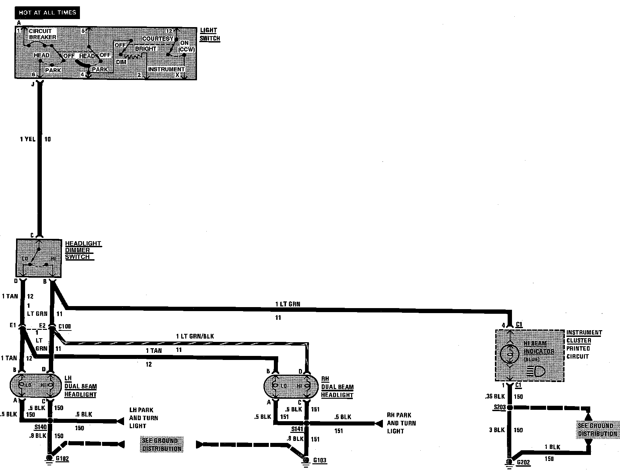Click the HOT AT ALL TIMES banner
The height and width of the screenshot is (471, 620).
tap(47, 13)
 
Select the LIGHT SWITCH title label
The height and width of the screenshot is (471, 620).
tap(210, 34)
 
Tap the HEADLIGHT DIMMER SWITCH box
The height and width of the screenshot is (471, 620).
tap(39, 258)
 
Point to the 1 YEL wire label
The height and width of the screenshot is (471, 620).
tap(27, 139)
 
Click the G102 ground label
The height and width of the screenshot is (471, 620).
tap(62, 458)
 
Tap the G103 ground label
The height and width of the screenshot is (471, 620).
tap(320, 460)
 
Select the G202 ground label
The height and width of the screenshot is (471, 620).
tap(523, 463)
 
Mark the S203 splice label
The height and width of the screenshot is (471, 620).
tap(500, 407)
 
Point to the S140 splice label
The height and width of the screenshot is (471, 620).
tap(40, 427)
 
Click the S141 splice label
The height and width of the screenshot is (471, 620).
tap(297, 429)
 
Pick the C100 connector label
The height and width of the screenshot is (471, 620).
tap(65, 326)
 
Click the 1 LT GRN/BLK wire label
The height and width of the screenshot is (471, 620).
tap(195, 336)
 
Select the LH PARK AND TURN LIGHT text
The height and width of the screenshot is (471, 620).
tap(143, 418)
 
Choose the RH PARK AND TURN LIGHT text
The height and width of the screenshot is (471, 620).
tap(401, 423)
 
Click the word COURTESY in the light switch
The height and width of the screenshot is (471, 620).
tap(158, 39)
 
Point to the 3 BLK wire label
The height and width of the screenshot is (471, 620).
tap(497, 430)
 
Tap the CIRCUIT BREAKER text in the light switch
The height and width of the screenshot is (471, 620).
tap(42, 34)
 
